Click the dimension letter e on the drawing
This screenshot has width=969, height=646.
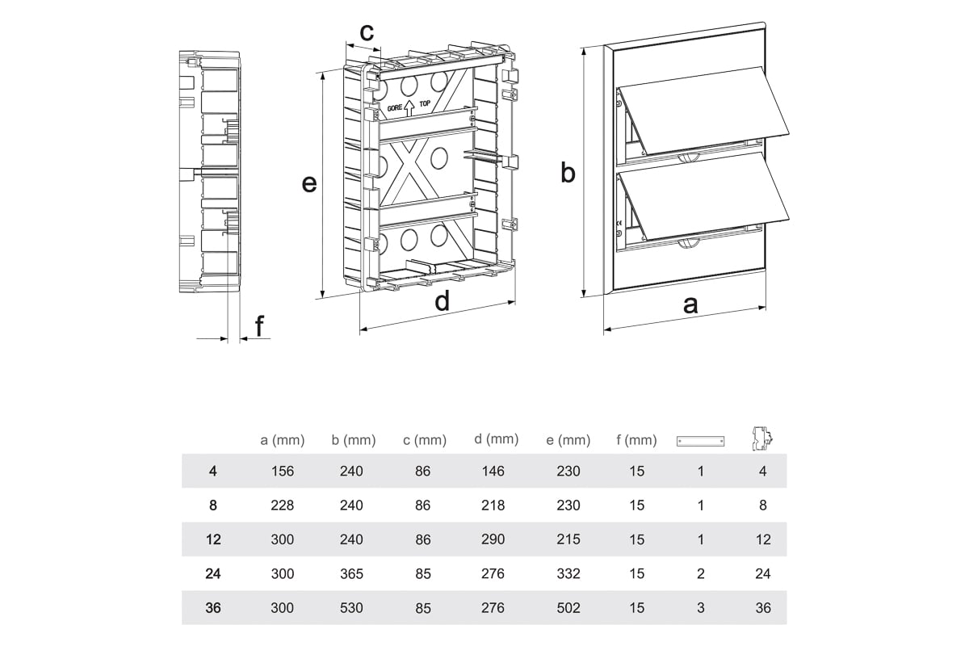[x=308, y=184]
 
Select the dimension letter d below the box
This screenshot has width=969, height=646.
[x=442, y=302]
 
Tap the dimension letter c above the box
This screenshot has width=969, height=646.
[x=367, y=32]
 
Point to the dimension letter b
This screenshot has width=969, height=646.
[x=568, y=172]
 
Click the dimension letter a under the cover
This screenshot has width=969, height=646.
[x=690, y=305]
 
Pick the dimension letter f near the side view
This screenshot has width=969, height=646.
[x=259, y=326]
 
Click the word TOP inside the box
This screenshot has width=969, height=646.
[x=426, y=105]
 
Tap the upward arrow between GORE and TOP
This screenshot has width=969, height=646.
[x=409, y=106]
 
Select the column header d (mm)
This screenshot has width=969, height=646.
[x=496, y=439]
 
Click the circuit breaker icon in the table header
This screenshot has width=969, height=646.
[x=762, y=438]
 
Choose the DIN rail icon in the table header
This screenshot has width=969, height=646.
[x=700, y=441]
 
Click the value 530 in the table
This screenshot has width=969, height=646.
[x=352, y=608]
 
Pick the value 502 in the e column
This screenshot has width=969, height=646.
[x=568, y=608]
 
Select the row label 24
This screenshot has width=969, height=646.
[x=212, y=574]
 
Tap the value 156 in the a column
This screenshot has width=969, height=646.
[x=283, y=472]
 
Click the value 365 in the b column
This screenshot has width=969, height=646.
[x=352, y=574]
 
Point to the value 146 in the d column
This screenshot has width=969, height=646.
[x=493, y=472]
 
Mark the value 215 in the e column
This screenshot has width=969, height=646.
[x=568, y=539]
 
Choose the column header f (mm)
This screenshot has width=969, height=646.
[x=636, y=441]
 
